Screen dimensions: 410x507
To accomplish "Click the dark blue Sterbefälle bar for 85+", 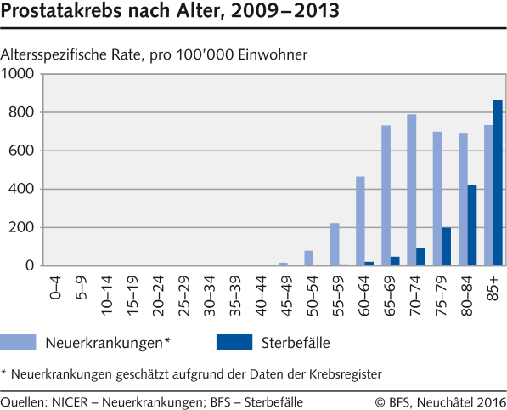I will click(498, 183).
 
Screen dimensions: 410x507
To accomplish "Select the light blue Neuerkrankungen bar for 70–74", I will click(411, 190).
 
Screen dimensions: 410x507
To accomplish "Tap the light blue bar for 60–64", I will click(360, 221).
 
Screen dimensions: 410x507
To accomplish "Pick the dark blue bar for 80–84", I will click(472, 225).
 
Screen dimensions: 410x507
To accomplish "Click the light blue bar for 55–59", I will click(335, 244).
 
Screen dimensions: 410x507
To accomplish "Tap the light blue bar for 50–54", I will click(309, 258).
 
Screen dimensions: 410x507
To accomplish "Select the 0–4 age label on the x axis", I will click(55, 285).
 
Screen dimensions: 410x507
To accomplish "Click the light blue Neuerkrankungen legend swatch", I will click(31, 342).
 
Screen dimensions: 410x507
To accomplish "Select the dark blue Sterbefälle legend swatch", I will click(234, 342).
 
